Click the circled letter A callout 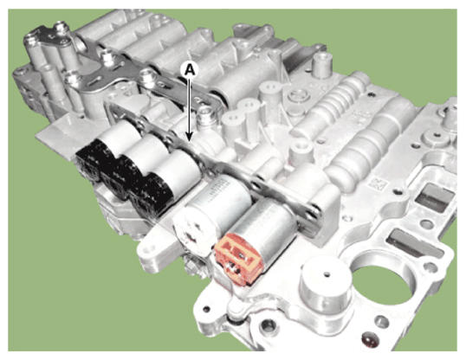coord(191,70)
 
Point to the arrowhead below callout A coord(190,137)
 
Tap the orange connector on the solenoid coord(240,255)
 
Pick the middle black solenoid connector coord(115,181)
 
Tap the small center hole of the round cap coord(327,273)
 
